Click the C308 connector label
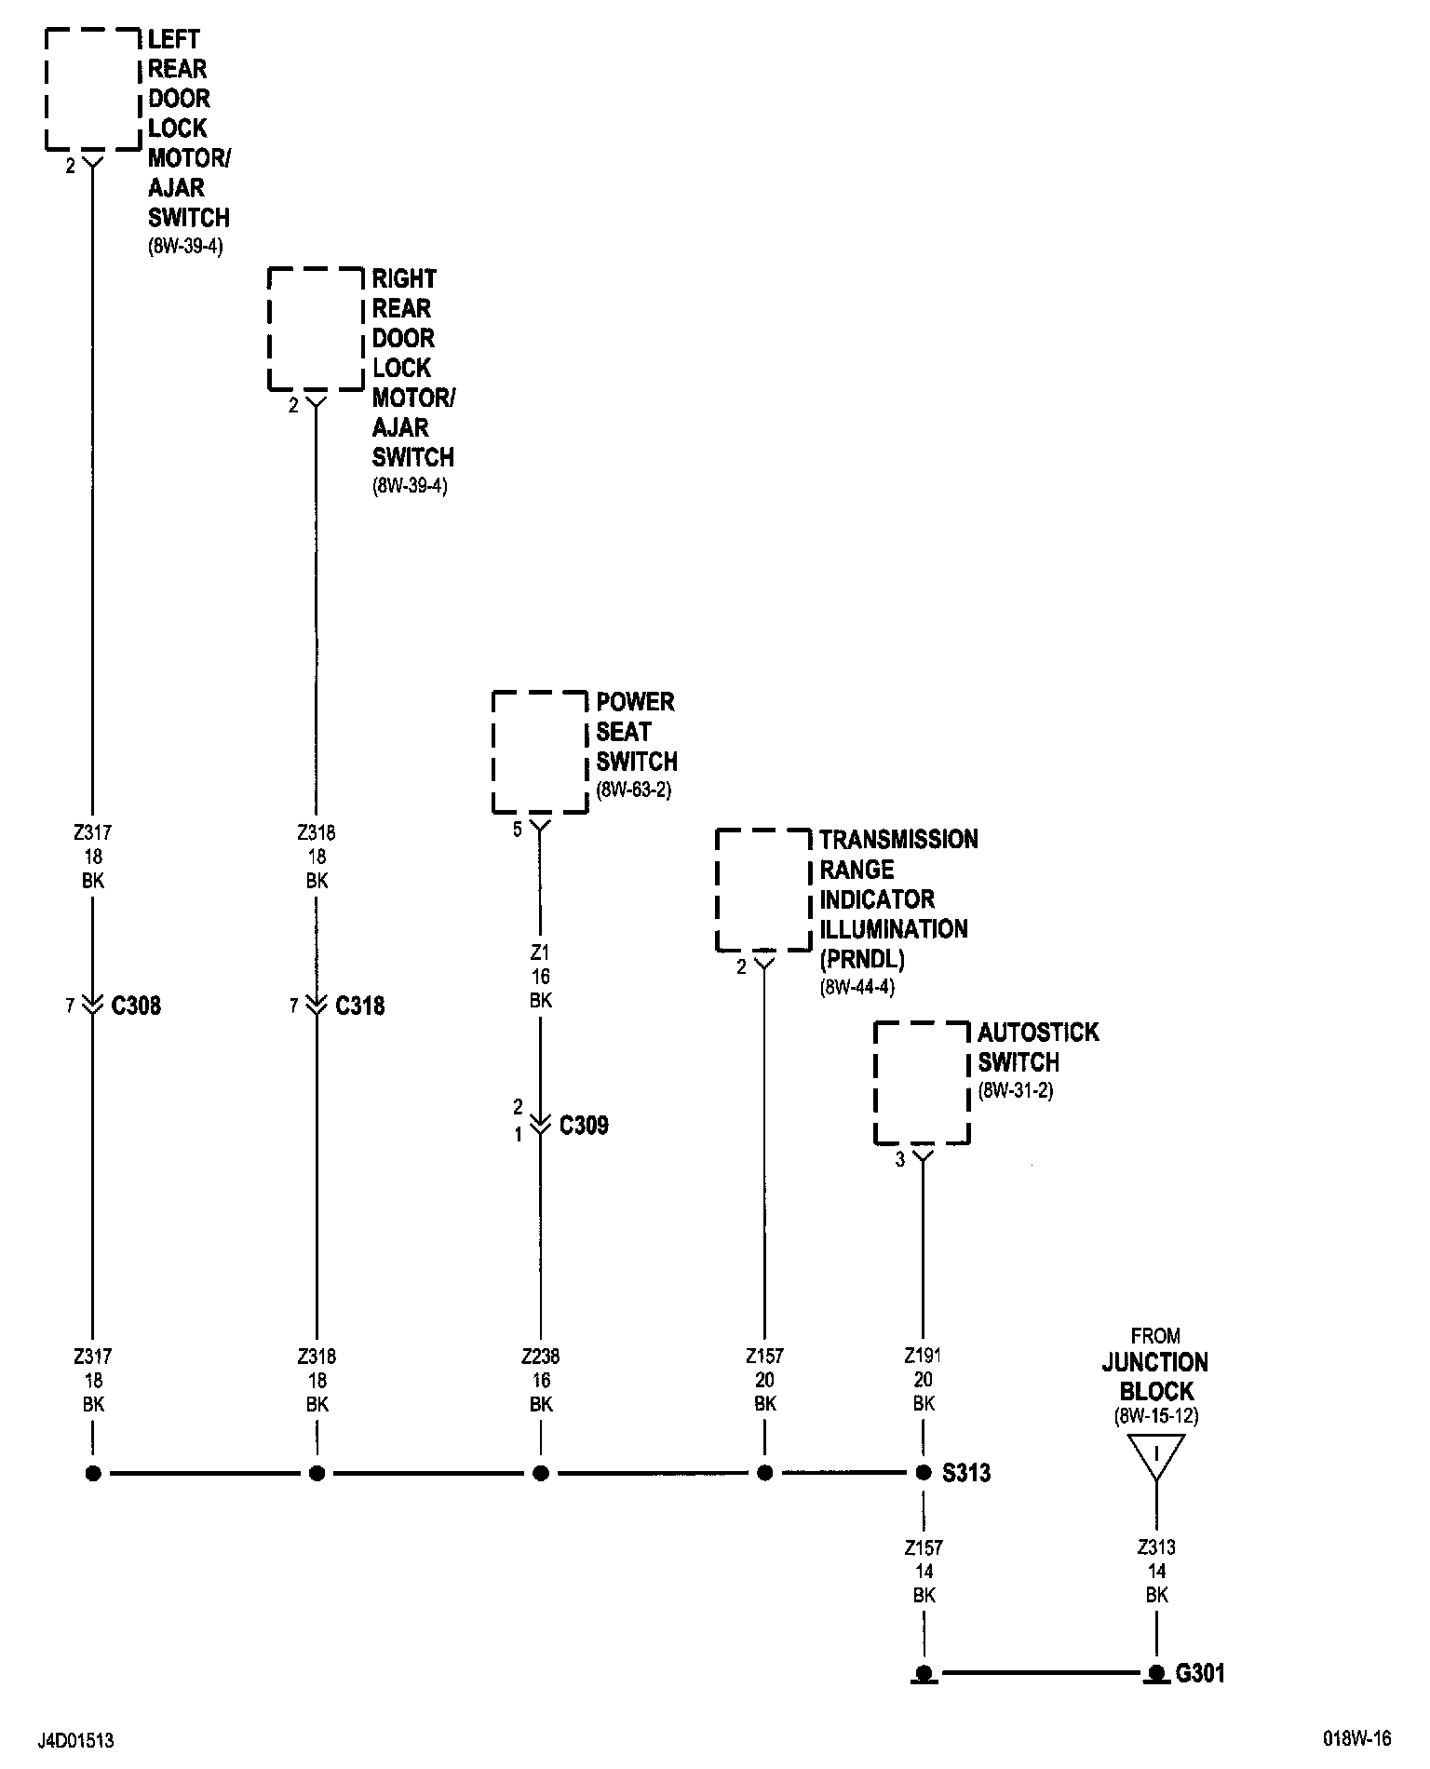[136, 1006]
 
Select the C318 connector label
[359, 1006]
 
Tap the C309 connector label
[584, 1126]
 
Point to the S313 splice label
[966, 1473]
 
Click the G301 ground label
[1200, 1673]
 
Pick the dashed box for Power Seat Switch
[540, 752]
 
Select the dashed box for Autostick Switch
[922, 1083]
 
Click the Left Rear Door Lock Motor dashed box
[92, 88]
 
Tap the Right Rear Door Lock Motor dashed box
[316, 329]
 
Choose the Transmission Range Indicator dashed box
[763, 889]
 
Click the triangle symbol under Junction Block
[1156, 1455]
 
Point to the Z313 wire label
[1156, 1547]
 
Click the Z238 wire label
[541, 1357]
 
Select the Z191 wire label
[923, 1357]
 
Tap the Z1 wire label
[540, 952]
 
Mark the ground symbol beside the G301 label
[1156, 1673]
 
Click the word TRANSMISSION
[898, 840]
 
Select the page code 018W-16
[1356, 1738]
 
